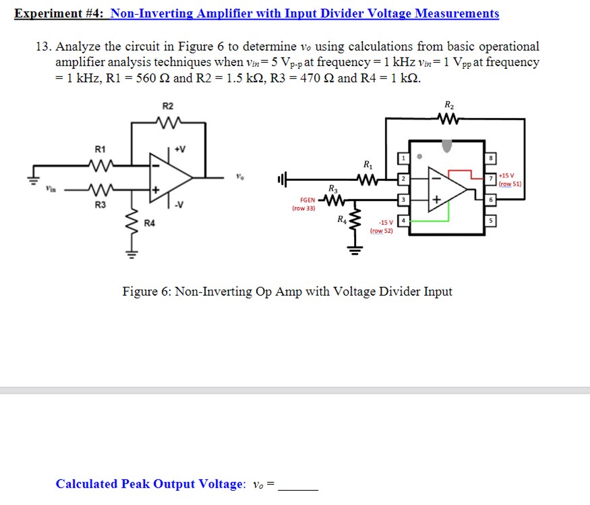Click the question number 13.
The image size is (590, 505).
click(x=44, y=47)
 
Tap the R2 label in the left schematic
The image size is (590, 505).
click(x=168, y=106)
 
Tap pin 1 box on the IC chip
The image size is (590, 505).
click(x=403, y=157)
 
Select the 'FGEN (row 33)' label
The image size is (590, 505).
click(x=303, y=204)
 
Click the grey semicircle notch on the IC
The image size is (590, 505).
click(x=447, y=144)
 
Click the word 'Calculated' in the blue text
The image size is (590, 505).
click(x=87, y=484)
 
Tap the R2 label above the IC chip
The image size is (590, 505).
click(x=449, y=105)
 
